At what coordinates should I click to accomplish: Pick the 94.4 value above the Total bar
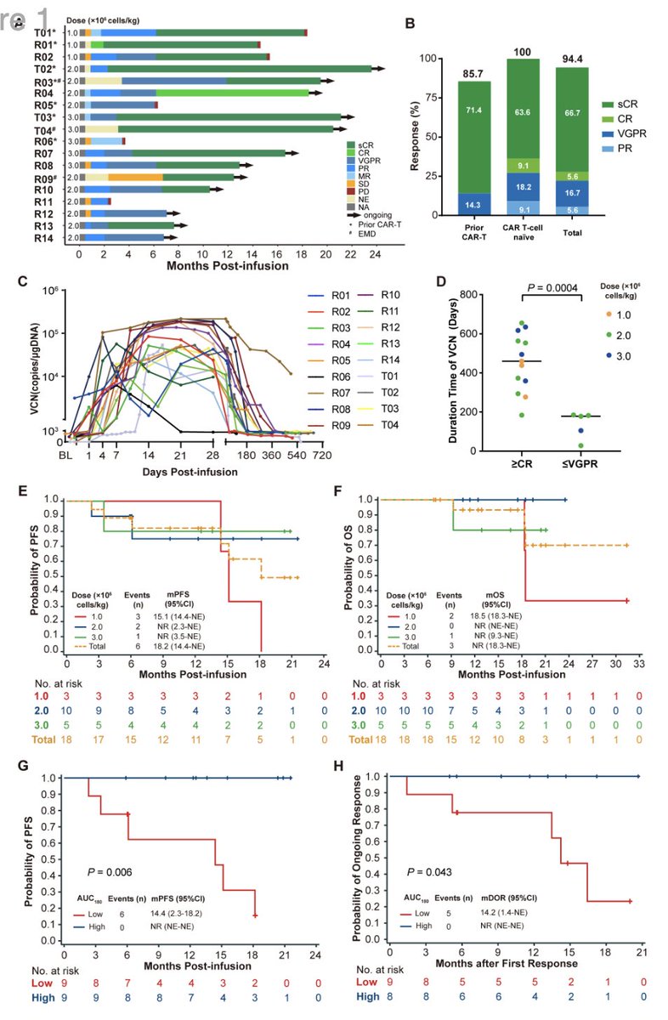point(571,60)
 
